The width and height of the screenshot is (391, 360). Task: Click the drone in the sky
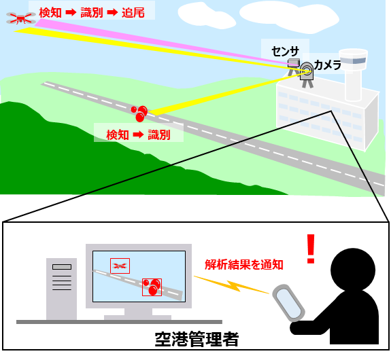20,18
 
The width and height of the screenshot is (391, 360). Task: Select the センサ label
285,51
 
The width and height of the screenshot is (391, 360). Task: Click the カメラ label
328,65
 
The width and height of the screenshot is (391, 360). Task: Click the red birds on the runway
139,112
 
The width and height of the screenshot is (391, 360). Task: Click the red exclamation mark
311,249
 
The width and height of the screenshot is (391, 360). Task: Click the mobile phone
289,302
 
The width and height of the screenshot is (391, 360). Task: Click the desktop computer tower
61,289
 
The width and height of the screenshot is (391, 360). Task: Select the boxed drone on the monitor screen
120,266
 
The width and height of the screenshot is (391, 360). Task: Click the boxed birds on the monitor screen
152,287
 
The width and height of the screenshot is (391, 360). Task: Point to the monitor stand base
137,317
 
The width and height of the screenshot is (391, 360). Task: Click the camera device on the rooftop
307,71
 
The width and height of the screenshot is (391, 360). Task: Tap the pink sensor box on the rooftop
293,63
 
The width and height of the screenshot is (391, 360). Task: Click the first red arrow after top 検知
70,12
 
